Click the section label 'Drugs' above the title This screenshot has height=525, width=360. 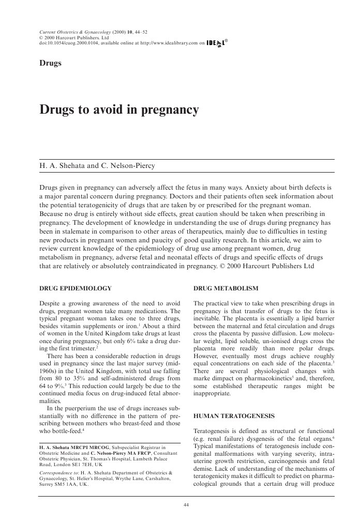[50, 63]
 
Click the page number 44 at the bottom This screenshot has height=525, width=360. [187, 505]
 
